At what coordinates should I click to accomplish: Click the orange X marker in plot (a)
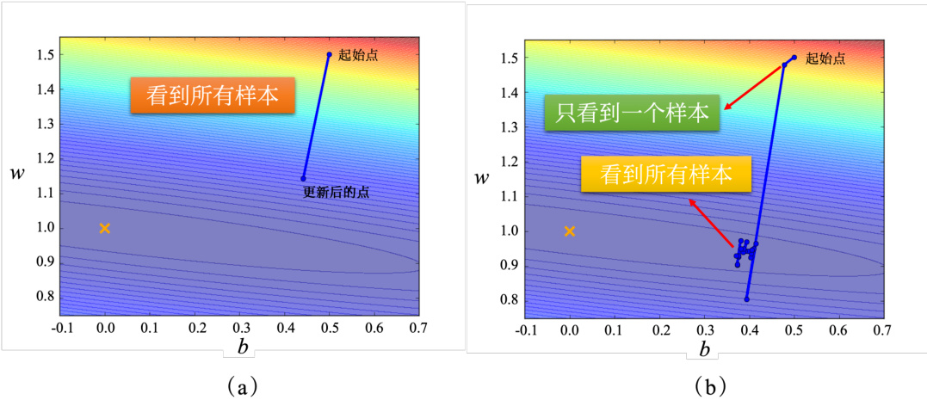pos(105,228)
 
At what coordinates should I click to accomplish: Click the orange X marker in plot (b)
pos(569,231)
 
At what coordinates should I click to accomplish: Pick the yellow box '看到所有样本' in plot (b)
pos(666,175)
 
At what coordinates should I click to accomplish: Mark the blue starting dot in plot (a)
pos(329,55)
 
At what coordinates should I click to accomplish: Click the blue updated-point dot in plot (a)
pos(303,178)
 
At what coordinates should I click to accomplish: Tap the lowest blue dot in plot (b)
pos(747,298)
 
